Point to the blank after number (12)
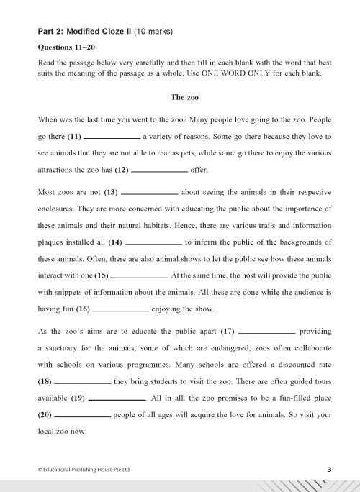[160, 171]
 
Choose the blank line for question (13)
[150, 193]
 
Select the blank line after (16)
[120, 311]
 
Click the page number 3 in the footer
[328, 468]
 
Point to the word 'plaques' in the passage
[53, 241]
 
